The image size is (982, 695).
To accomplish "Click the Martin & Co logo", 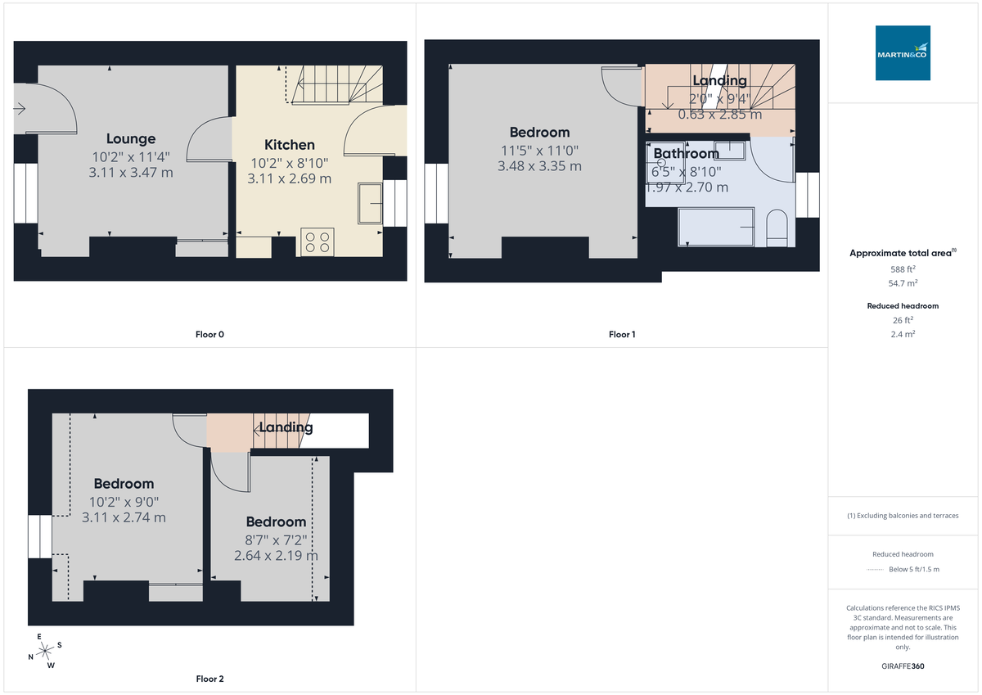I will click(x=903, y=53).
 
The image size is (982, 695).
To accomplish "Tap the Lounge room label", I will click(x=131, y=138).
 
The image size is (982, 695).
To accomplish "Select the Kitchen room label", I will click(x=289, y=145).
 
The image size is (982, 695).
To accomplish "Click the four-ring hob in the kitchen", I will click(x=317, y=241).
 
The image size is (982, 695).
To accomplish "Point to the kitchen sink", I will click(x=370, y=202).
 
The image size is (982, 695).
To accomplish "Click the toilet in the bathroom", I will click(x=777, y=228).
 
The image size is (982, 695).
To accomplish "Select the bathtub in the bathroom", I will click(x=716, y=226).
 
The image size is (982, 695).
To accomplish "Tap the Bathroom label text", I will click(x=686, y=153).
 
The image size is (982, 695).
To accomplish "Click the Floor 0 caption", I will click(x=210, y=334).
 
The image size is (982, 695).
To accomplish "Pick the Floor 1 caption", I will click(x=622, y=334).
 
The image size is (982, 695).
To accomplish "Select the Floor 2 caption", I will click(x=209, y=679).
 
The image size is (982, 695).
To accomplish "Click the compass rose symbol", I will click(x=45, y=652).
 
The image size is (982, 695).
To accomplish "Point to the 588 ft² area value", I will click(x=903, y=269).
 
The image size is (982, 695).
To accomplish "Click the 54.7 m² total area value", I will click(x=903, y=282).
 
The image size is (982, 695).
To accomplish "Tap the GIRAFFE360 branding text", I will click(x=903, y=666).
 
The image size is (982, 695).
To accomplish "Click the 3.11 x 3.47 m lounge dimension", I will click(x=131, y=173).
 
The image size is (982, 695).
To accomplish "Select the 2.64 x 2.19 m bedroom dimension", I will click(x=276, y=556).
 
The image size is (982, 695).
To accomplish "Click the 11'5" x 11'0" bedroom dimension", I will click(x=539, y=151).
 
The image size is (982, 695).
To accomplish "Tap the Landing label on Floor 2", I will click(x=286, y=427).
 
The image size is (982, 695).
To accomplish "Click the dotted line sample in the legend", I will click(x=876, y=570).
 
